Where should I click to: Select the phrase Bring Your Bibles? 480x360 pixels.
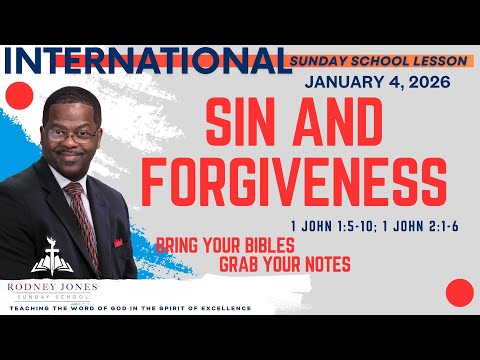(213, 246)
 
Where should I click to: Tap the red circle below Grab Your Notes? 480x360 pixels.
(458, 292)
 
